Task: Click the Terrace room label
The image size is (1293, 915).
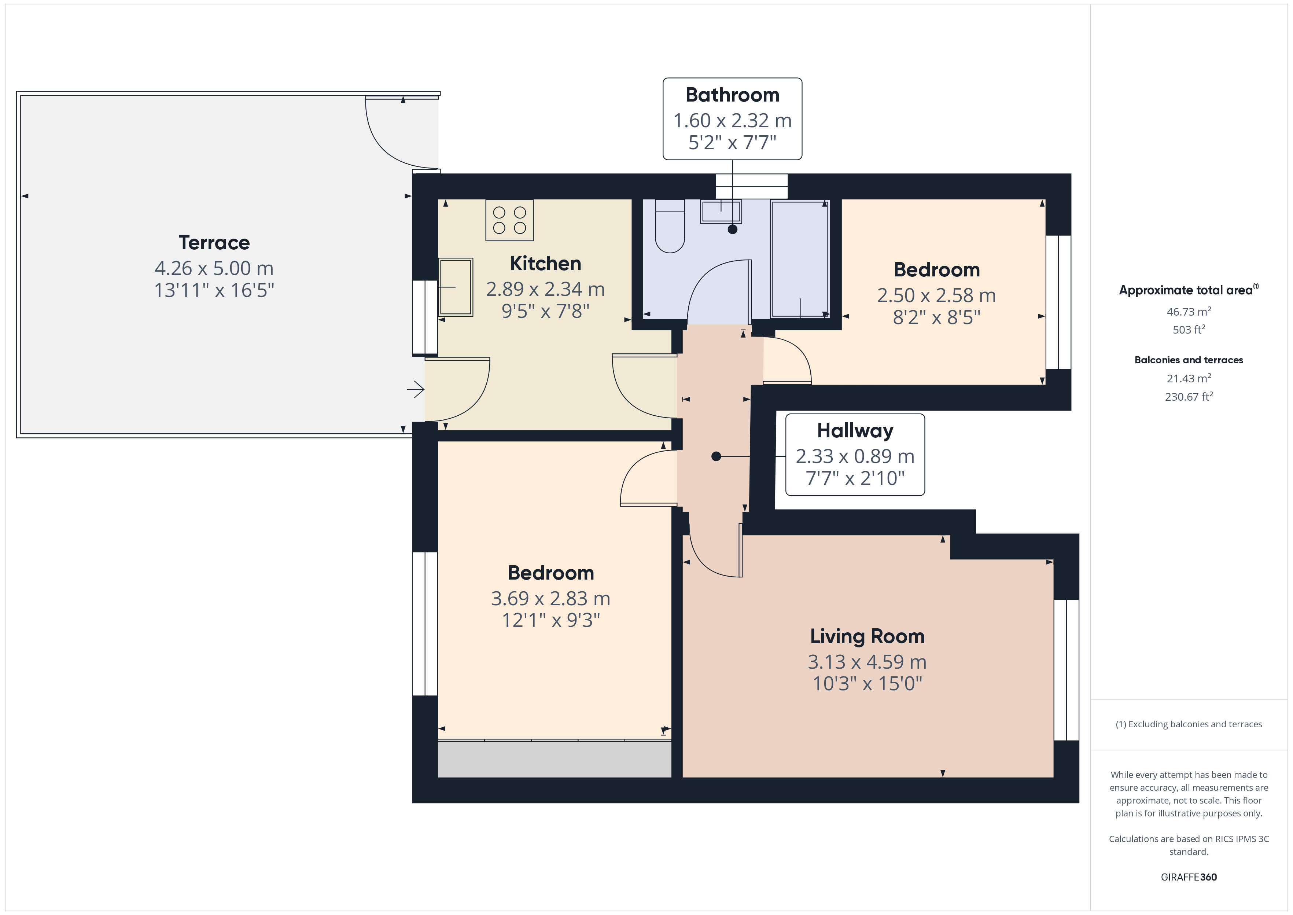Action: pos(214,243)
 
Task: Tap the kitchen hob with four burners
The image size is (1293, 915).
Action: pos(510,220)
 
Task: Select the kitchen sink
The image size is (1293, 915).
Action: pos(456,287)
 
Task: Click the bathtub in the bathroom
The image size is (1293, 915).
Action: pos(800,259)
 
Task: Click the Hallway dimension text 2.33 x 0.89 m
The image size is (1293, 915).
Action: pos(855,456)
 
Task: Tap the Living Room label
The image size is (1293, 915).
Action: pos(867,636)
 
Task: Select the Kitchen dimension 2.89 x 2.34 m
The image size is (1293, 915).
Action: pos(545,289)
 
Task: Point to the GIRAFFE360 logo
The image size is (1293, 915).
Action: pos(1189,877)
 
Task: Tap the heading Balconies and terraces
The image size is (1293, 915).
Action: pos(1189,360)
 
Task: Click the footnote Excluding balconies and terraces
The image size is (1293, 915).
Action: pos(1189,725)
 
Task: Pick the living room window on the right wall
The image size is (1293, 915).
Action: pos(1066,670)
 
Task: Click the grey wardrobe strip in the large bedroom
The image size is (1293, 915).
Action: pos(555,760)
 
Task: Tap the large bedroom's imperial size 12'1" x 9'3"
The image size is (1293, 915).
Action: pos(551,620)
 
